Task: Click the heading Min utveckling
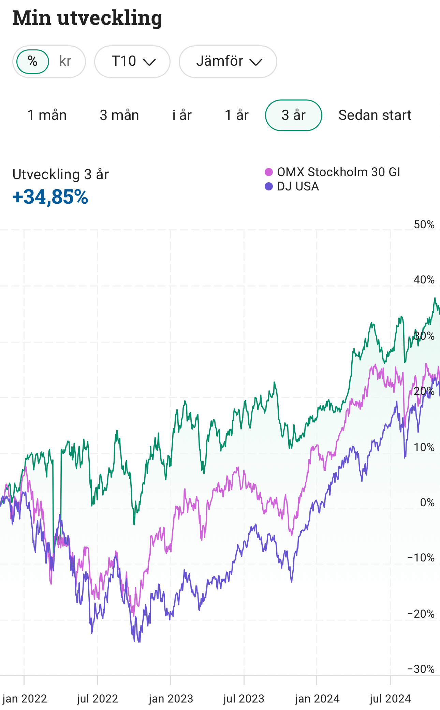pos(87,18)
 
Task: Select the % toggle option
pos(33,62)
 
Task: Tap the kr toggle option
pos(65,62)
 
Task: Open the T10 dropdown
pos(132,62)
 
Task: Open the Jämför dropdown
pos(228,62)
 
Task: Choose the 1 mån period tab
pos(47,115)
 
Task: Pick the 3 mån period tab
pos(119,115)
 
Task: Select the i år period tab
pos(182,115)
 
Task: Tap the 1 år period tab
pos(237,115)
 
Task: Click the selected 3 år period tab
pos(294,115)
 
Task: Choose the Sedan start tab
pos(375,115)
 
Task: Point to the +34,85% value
pos(50,197)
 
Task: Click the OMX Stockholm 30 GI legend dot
pos(269,172)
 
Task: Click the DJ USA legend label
pos(298,186)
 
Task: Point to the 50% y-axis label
pos(424,225)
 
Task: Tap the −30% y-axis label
pos(421,669)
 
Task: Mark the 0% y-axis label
pos(427,503)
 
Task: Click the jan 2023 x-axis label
pos(171,699)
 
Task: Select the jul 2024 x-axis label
pos(390,699)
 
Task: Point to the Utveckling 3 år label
pos(61,174)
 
